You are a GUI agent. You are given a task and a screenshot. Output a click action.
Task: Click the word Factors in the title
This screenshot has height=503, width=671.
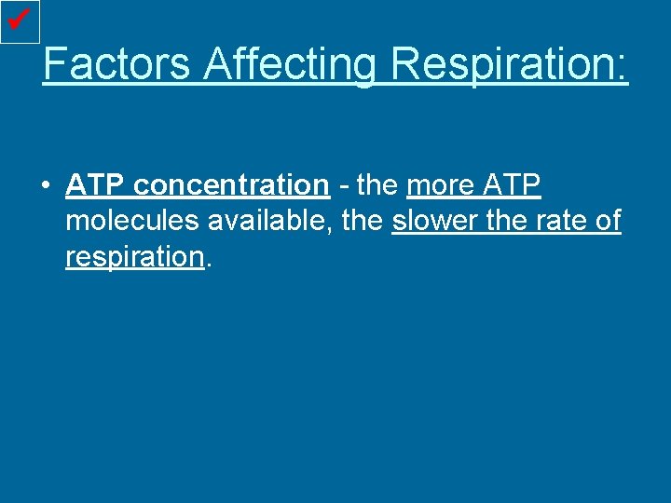pos(116,64)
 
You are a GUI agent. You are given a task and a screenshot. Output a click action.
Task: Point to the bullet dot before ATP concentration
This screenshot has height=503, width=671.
pos(45,186)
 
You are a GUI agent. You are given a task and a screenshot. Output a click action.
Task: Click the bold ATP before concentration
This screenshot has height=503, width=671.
pos(96,185)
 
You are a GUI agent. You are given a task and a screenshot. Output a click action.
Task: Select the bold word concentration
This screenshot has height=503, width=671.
pos(231,185)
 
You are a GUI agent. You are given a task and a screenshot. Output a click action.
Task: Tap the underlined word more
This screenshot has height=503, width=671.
pos(441,185)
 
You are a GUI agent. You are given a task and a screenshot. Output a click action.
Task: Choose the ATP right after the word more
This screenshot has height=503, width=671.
pos(512,185)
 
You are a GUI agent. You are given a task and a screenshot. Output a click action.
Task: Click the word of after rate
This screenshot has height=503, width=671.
pos(609,222)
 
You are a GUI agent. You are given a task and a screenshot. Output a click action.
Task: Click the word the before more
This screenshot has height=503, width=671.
pos(377,185)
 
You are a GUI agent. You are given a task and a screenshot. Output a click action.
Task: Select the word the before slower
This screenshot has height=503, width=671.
pos(363,222)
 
